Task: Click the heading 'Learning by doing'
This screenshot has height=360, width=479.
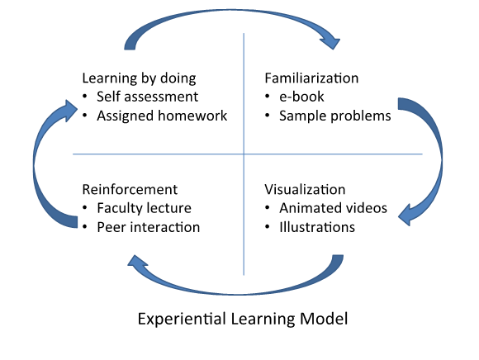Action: click(x=139, y=78)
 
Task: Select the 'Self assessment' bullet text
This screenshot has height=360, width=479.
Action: click(x=148, y=97)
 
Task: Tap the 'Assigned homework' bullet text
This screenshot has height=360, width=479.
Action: click(x=162, y=116)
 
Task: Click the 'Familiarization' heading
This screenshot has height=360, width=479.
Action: click(x=311, y=78)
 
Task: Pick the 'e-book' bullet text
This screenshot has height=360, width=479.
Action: click(x=301, y=97)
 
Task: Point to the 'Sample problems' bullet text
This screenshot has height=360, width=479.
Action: click(x=335, y=116)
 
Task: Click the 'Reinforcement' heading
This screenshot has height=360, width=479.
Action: click(x=130, y=190)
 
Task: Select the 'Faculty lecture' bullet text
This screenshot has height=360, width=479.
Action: click(x=145, y=208)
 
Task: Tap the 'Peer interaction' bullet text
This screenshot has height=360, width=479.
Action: click(x=149, y=228)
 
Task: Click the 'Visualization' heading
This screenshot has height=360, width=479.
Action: click(x=305, y=190)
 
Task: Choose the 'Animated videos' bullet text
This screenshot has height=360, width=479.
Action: click(x=334, y=208)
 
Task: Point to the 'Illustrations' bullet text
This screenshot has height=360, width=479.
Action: click(x=317, y=228)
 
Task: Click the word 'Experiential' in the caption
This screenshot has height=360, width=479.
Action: click(x=182, y=319)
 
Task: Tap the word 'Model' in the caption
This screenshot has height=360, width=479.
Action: click(x=324, y=319)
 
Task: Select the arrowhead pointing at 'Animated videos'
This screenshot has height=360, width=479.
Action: click(x=405, y=215)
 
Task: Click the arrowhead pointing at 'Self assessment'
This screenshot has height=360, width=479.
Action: click(x=69, y=111)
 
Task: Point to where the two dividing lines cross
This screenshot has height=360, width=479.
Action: click(x=244, y=154)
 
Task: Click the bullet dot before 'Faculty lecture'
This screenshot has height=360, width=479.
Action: click(x=85, y=208)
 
